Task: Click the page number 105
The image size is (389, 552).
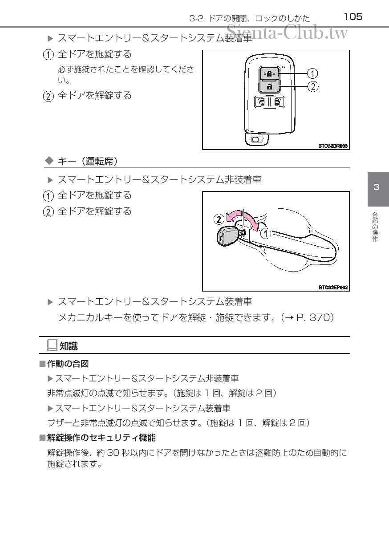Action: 353,17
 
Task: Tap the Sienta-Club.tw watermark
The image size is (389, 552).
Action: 287,32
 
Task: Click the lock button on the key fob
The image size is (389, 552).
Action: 269,73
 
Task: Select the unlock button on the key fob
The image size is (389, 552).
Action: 269,86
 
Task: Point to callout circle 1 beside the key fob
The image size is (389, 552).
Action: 313,73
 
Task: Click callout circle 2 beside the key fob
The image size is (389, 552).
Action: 313,87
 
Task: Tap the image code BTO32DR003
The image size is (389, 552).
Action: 333,146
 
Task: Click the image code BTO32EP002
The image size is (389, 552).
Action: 333,287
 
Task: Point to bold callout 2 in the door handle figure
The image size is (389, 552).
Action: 219,219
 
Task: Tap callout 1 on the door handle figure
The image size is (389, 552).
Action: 266,233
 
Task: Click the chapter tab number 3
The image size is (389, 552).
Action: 376,187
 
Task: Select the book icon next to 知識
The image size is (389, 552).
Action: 52,345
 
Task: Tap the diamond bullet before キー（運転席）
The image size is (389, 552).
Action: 49,161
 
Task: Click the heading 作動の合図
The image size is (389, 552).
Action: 68,364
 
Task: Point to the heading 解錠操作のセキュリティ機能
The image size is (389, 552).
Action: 101,438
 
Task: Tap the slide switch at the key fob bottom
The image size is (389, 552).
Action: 257,140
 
